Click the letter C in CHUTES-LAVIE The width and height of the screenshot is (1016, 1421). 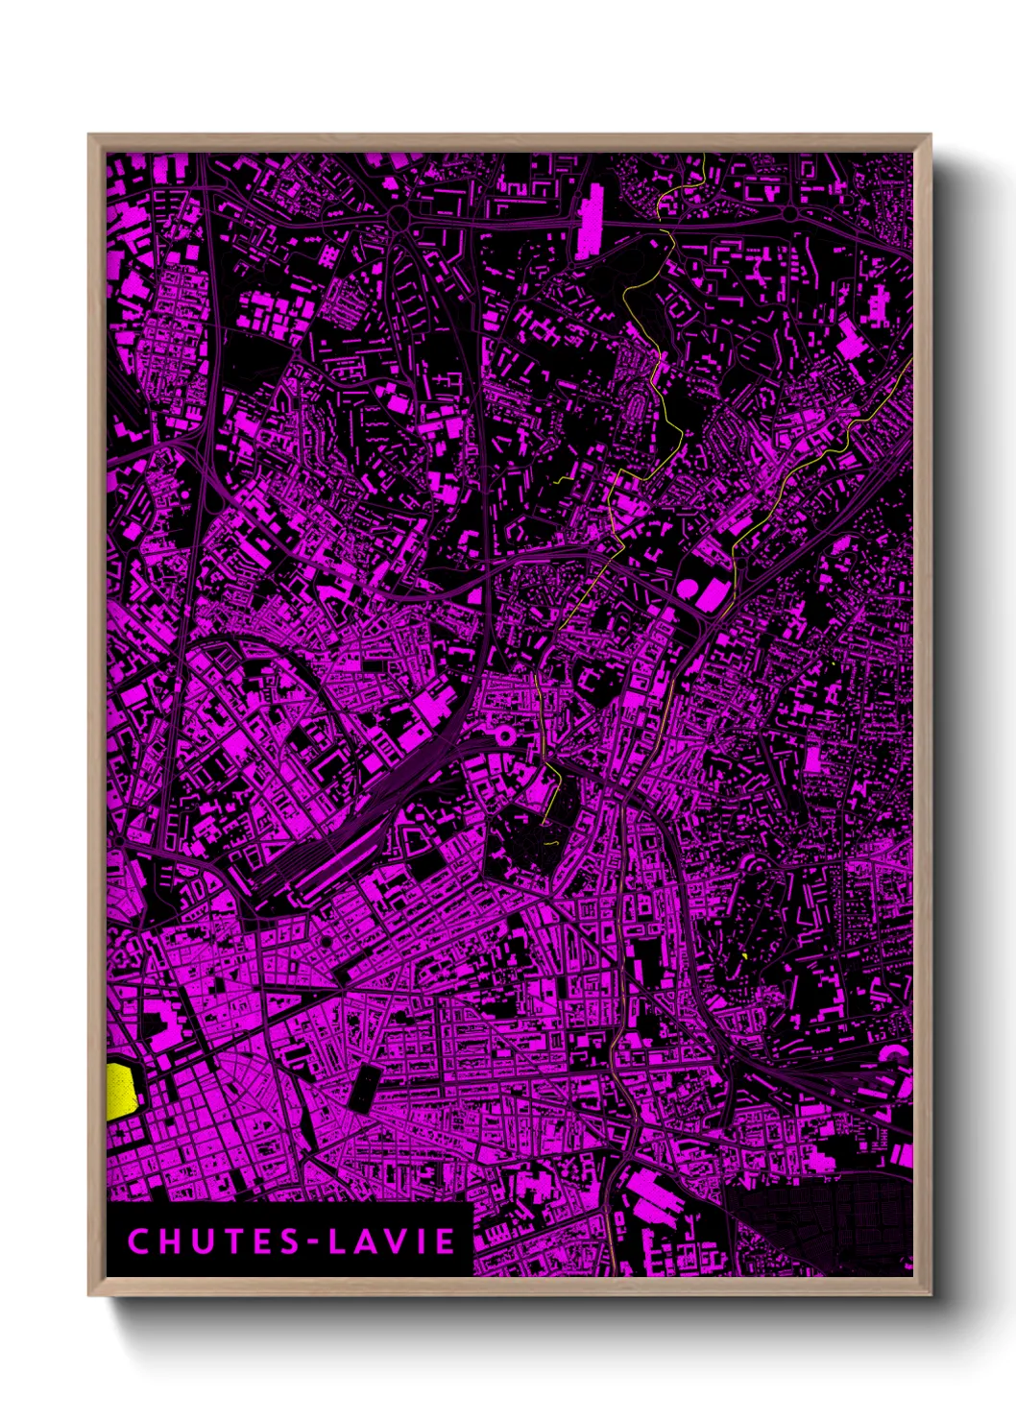(137, 1241)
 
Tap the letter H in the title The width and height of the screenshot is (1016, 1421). (171, 1241)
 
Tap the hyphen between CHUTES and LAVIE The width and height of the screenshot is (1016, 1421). (313, 1242)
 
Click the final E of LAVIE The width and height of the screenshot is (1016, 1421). (446, 1241)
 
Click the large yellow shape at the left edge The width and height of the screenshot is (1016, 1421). (120, 1091)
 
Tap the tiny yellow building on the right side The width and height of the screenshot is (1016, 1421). (745, 956)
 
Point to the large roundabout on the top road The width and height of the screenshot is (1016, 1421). (399, 220)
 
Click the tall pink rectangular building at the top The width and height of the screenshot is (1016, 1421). (590, 221)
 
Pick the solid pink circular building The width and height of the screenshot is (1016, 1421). (689, 587)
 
